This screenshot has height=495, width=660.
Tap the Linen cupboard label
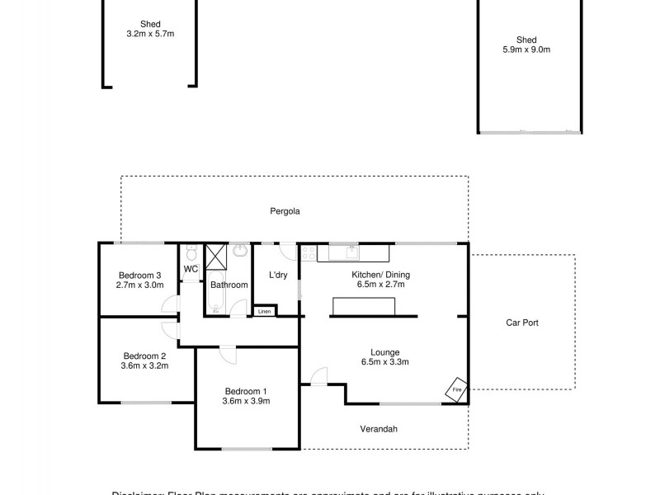(x=265, y=311)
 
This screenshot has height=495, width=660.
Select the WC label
(x=191, y=269)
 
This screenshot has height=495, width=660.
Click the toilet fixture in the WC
(x=190, y=252)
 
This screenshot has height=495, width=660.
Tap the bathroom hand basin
(x=240, y=249)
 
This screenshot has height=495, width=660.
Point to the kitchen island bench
(x=364, y=306)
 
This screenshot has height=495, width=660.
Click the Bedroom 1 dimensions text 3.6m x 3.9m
(x=246, y=402)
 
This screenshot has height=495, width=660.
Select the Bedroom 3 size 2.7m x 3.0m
(x=140, y=285)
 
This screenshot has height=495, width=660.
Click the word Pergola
(x=285, y=211)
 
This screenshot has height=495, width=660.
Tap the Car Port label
(x=521, y=323)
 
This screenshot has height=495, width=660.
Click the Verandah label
(x=379, y=428)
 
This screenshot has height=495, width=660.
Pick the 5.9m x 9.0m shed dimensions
(x=526, y=50)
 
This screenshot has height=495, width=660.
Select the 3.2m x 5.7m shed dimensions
(x=150, y=35)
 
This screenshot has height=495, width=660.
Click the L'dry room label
(x=278, y=276)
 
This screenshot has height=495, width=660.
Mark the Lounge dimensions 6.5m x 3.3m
(x=384, y=361)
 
